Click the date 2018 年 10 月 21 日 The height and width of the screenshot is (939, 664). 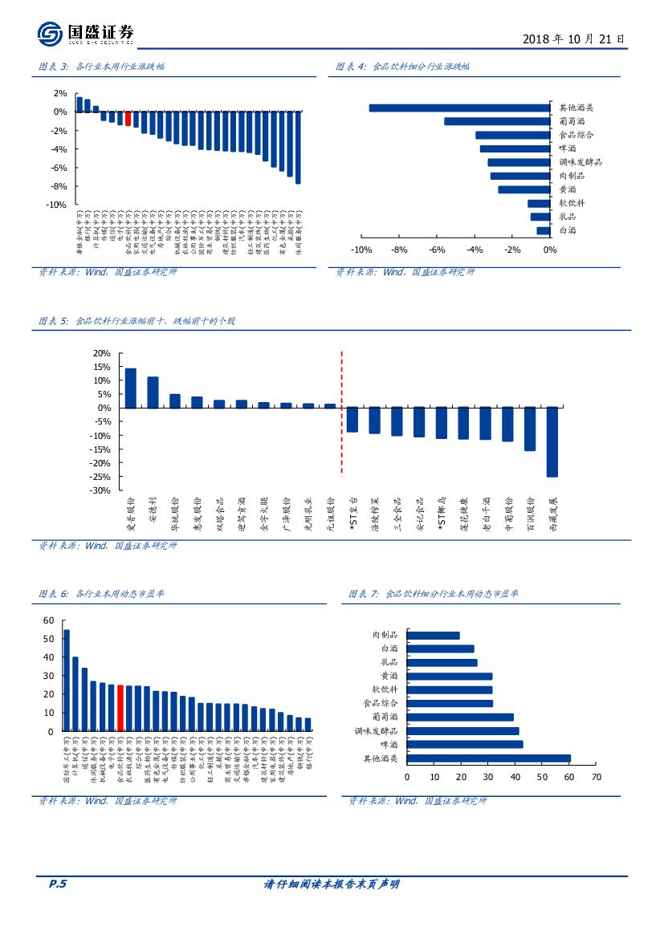coord(572,39)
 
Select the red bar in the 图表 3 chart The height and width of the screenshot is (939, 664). coord(128,119)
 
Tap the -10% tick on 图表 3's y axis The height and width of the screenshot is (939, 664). coord(55,205)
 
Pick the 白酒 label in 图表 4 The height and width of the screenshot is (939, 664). coord(567,231)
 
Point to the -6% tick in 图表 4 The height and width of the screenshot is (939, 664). coord(436,250)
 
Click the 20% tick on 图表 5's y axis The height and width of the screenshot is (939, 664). coord(101,353)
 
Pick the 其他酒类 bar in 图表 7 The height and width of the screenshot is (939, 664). coord(488,758)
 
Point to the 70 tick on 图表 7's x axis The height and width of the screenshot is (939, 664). coord(596,777)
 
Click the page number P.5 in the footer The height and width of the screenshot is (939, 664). coord(57,884)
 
